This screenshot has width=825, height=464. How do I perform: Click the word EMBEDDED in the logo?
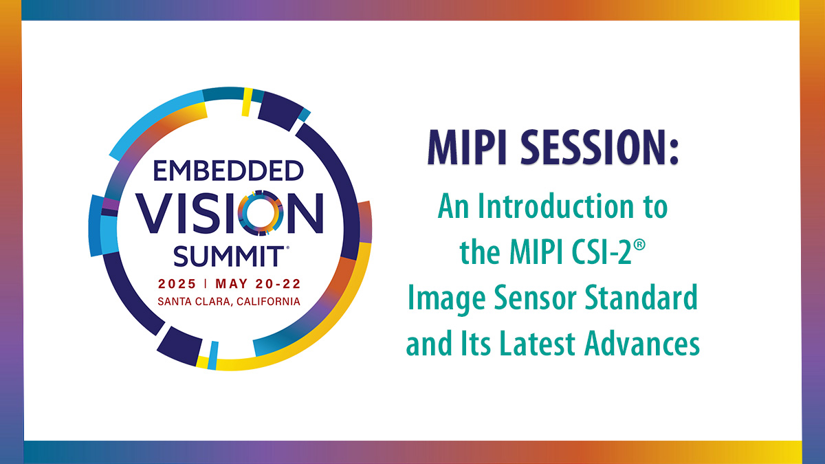[228, 170]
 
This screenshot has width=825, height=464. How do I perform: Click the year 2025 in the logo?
[177, 284]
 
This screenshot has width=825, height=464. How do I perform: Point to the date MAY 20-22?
[258, 284]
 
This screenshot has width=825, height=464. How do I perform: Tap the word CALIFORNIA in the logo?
[269, 302]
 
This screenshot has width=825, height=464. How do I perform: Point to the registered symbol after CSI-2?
[640, 245]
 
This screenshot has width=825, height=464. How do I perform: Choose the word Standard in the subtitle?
[641, 297]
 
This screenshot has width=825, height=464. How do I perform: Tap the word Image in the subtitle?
[447, 299]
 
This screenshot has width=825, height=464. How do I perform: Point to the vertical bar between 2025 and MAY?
[206, 283]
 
